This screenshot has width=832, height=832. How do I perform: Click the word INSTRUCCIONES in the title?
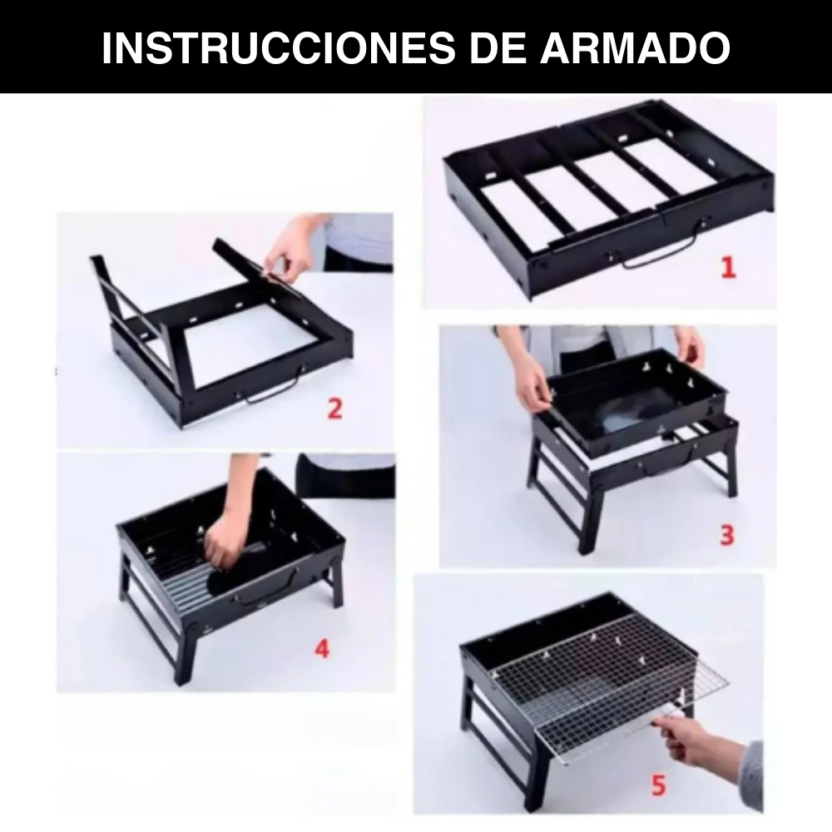click(x=279, y=48)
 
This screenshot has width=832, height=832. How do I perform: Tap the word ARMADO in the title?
click(x=635, y=48)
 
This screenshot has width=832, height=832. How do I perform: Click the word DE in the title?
click(x=498, y=48)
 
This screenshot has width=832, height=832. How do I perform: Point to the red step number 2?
click(x=334, y=409)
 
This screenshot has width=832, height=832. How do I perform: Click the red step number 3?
click(x=727, y=534)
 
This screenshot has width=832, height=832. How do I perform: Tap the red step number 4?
click(x=321, y=648)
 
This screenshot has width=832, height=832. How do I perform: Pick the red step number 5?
click(x=658, y=785)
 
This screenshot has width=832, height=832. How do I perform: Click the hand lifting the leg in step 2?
click(x=290, y=255)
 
